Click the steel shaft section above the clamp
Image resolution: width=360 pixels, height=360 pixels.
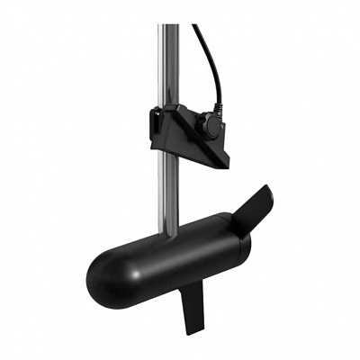tap(167, 63)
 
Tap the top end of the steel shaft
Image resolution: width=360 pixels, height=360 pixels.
tap(167, 26)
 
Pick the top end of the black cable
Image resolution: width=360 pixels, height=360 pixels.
tap(195, 26)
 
